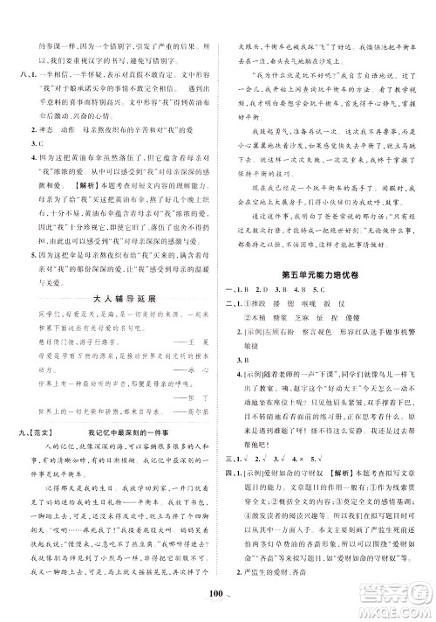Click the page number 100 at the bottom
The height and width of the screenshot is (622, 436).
(217, 600)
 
